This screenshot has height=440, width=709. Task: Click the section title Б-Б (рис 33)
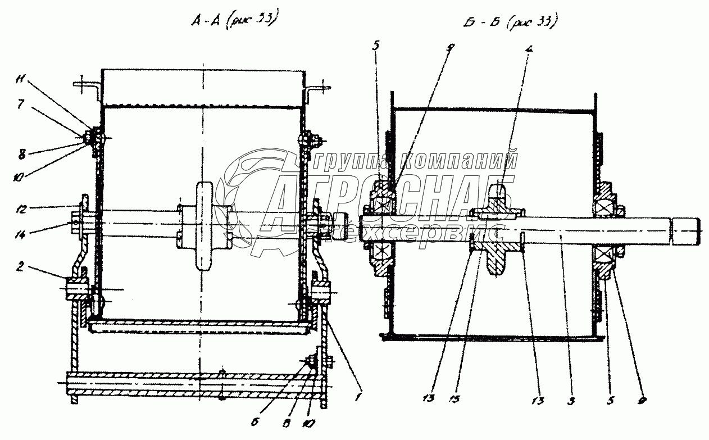510,22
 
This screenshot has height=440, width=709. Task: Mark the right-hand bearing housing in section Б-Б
607,230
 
